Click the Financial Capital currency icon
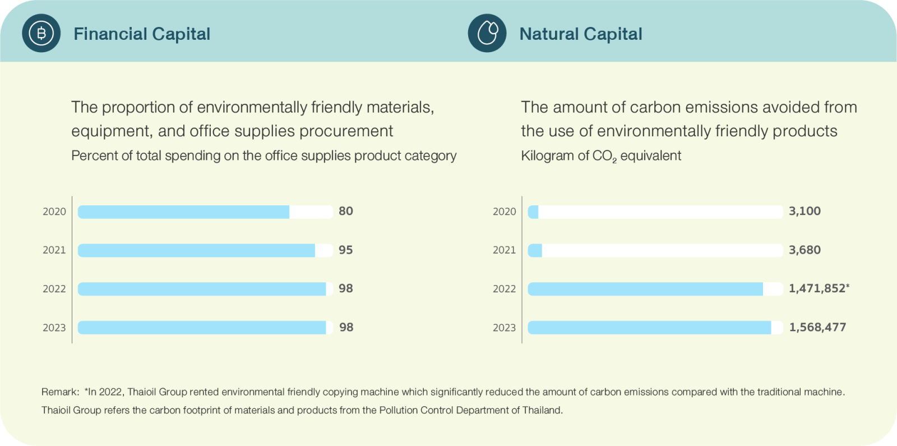click(41, 34)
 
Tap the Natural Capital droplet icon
click(487, 34)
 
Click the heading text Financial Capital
click(142, 34)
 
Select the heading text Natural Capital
click(581, 34)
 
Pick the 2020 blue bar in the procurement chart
click(183, 212)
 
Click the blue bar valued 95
click(196, 250)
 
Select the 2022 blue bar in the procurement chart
click(202, 289)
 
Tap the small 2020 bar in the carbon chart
click(533, 212)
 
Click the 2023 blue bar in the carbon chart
click(649, 328)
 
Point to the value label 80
click(346, 211)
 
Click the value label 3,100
click(804, 211)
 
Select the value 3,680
click(804, 250)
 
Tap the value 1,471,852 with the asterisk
click(819, 288)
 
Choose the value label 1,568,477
click(817, 328)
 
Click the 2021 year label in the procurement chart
click(54, 250)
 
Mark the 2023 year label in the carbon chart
click(504, 328)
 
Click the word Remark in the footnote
click(59, 392)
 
